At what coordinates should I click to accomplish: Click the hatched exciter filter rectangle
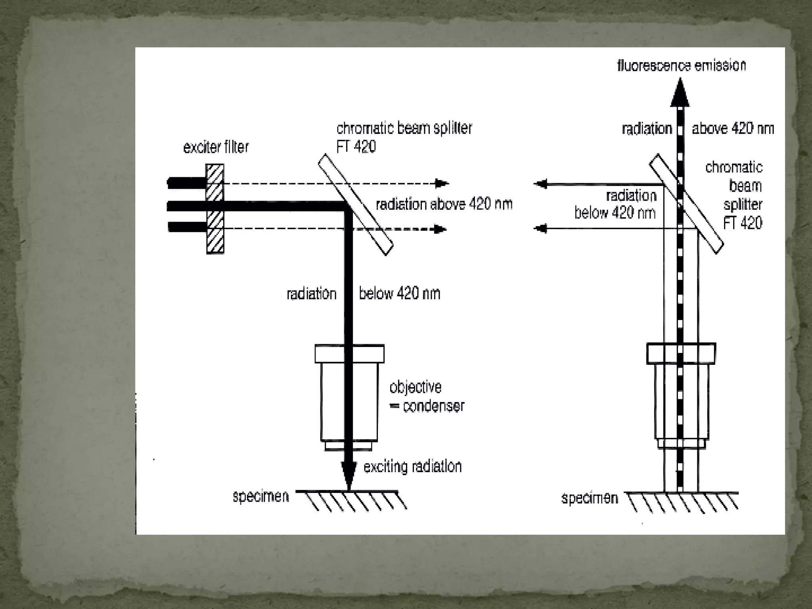point(215,209)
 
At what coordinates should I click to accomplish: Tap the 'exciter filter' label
point(216,147)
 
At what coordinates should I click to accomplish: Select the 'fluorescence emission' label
point(682,65)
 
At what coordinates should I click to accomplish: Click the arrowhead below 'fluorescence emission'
point(680,94)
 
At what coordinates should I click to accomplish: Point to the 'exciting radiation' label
point(413,467)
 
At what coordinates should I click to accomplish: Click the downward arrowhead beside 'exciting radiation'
point(349,476)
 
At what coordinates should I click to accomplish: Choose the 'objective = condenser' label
point(427,396)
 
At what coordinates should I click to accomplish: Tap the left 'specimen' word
point(260,496)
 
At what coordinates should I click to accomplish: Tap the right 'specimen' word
point(590,498)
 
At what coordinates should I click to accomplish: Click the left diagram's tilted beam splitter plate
point(356,205)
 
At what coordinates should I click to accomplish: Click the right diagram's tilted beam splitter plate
point(686,204)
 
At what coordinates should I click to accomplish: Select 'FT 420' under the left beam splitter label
point(356,147)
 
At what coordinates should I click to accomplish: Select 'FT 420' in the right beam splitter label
point(743,223)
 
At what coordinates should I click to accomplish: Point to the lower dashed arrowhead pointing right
point(440,229)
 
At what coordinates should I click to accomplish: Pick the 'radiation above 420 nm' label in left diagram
point(444,204)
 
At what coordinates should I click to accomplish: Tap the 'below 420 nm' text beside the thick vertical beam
point(399,294)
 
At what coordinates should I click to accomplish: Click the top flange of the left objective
point(349,354)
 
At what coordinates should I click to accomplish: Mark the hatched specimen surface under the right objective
point(681,502)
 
